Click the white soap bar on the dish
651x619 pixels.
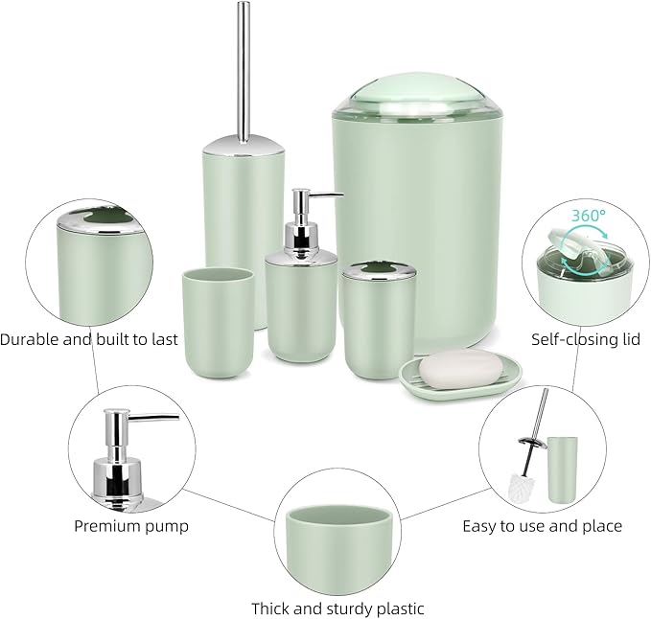[x=452, y=372]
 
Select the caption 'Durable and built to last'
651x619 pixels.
[x=89, y=339]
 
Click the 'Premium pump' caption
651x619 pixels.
[x=131, y=525]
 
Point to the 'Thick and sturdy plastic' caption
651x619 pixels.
[x=337, y=608]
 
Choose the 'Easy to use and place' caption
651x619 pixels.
[x=542, y=525]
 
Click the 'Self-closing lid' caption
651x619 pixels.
[x=586, y=339]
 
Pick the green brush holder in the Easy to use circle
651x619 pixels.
[x=562, y=469]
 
